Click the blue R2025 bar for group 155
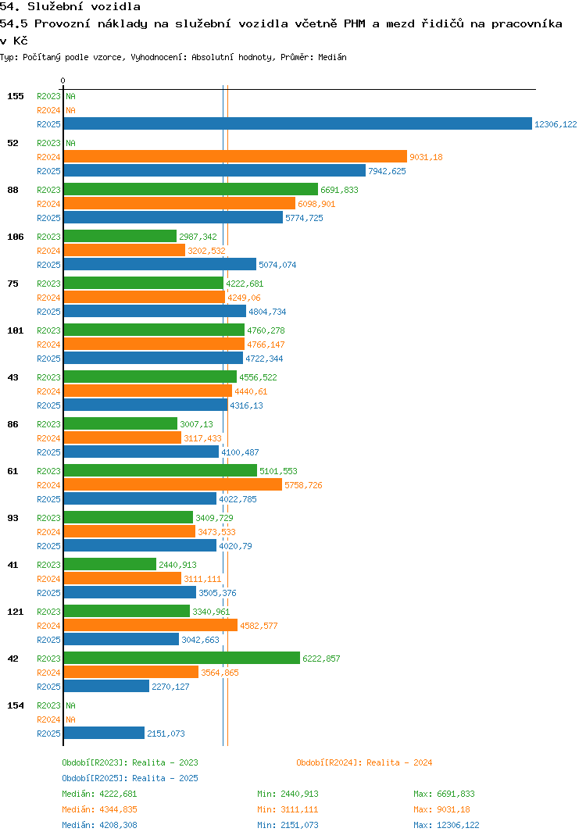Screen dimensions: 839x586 pos(297,124)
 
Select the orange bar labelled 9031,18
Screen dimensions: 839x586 pos(235,157)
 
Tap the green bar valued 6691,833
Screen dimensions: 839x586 pos(191,190)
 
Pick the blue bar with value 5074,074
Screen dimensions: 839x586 pos(159,265)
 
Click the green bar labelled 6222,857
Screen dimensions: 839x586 pos(181,659)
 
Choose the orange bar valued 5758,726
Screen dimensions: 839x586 pos(173,485)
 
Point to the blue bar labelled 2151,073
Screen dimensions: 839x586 pos(104,734)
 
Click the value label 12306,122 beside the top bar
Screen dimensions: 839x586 pos(555,124)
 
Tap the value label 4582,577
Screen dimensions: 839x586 pos(259,626)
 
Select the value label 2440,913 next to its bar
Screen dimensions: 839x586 pos(177,565)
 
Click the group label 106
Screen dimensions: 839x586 pos(16,237)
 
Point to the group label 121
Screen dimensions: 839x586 pos(16,612)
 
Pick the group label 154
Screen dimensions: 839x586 pos(16,705)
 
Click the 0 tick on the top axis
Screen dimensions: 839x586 pos(63,81)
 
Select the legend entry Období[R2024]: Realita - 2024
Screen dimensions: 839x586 pos(364,762)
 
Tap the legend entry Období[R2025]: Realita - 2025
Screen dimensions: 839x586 pos(130,778)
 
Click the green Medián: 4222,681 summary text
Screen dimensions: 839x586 pos(99,794)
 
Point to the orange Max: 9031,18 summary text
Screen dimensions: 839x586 pos(441,809)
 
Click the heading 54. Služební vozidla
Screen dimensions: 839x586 pos(70,7)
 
